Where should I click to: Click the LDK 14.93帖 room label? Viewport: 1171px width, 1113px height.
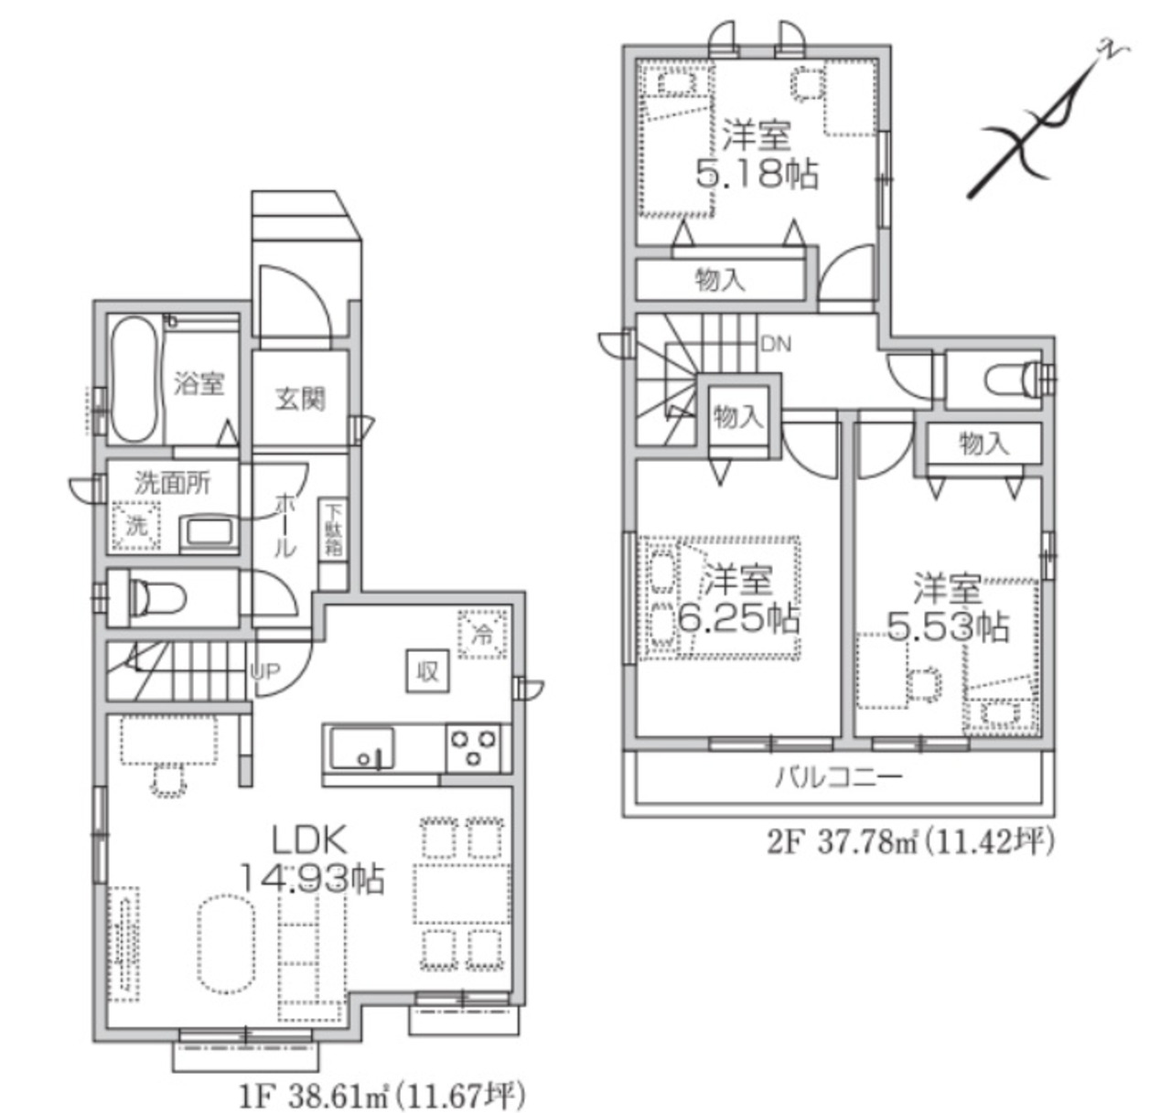[312, 858]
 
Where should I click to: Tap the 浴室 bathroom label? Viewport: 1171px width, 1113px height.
[199, 384]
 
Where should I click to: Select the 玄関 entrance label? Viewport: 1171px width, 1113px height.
[300, 399]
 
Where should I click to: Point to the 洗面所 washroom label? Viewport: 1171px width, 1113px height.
[173, 483]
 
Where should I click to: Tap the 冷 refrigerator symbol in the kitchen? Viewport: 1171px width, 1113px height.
[483, 634]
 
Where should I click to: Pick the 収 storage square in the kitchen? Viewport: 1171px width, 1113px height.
[427, 671]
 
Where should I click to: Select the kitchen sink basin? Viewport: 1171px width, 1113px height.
[362, 748]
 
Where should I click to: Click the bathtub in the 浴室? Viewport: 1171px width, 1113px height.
[134, 380]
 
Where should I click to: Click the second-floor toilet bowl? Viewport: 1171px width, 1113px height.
[1012, 380]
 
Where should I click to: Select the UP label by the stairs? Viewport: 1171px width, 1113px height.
[265, 671]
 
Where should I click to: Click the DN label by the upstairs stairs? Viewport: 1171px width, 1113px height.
[776, 344]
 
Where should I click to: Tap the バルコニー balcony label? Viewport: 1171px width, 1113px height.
[839, 776]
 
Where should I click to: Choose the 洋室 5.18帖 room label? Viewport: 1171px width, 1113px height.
[757, 154]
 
